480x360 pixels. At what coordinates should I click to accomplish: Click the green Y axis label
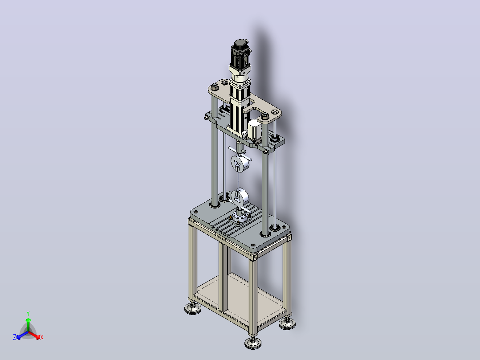pyautogui.click(x=28, y=313)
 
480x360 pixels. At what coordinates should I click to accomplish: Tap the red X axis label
pyautogui.click(x=42, y=337)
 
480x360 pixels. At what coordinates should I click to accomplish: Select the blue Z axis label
pyautogui.click(x=15, y=337)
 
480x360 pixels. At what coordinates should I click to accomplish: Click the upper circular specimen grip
pyautogui.click(x=240, y=163)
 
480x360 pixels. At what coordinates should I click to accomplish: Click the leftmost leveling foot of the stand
pyautogui.click(x=193, y=308)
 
